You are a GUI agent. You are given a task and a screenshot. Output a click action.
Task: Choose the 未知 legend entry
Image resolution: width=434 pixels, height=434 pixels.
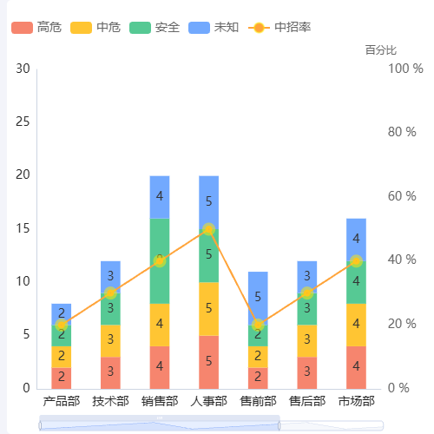point(214,28)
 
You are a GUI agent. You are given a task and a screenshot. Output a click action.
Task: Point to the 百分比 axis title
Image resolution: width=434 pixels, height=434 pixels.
point(380,50)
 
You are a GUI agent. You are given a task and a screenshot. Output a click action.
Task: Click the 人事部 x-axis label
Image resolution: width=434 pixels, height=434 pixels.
point(208,401)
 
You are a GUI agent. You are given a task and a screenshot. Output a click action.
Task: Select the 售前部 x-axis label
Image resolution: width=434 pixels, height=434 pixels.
point(258,401)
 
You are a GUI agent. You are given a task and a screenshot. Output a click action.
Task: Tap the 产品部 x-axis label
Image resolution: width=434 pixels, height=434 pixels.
point(61,401)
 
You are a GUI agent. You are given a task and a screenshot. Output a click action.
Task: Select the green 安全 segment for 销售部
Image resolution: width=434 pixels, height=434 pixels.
point(160,260)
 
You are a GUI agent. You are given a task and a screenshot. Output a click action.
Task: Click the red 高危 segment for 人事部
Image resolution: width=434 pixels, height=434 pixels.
point(208,362)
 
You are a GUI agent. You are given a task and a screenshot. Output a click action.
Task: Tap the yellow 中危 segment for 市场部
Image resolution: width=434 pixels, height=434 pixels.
point(356,325)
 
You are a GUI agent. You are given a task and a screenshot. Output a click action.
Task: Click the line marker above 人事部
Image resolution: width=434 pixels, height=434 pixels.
point(208,229)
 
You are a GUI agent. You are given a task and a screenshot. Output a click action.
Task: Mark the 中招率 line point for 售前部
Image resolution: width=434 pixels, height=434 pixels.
point(258,325)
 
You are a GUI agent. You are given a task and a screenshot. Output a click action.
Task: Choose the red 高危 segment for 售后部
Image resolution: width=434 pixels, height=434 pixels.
point(307,372)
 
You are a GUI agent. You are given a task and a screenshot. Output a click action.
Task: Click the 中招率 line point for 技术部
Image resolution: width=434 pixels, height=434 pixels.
point(110,293)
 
